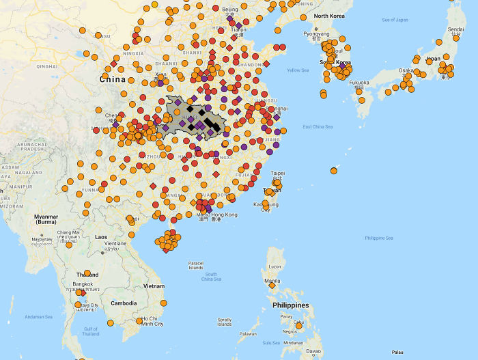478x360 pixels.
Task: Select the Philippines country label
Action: point(290,305)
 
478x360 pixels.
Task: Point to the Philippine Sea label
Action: point(379,238)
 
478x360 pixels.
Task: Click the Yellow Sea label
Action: point(298,70)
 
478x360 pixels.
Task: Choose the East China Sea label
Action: point(318,127)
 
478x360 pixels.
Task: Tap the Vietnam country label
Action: point(154,286)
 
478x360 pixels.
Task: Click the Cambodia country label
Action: point(124,303)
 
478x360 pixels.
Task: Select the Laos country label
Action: point(101,236)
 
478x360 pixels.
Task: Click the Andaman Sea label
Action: point(27,316)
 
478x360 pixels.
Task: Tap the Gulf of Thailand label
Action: point(90,331)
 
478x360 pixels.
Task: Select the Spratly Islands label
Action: point(225,321)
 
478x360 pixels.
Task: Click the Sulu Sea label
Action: point(272,342)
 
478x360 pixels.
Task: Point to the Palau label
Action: point(398,352)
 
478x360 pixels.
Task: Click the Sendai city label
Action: point(455,30)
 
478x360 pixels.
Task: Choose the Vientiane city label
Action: point(115,243)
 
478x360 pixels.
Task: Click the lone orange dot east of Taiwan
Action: point(334,170)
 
